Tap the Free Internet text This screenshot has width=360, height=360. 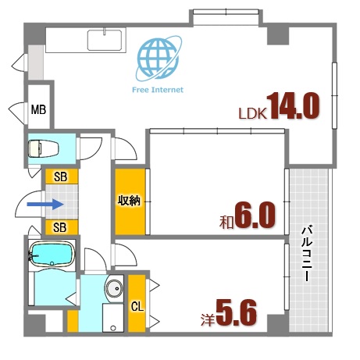159,90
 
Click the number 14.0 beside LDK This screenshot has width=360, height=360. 294,106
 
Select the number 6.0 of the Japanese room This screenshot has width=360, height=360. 253,216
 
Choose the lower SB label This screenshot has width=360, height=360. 60,227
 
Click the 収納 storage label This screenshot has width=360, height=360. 129,201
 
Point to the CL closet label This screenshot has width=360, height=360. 137,305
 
